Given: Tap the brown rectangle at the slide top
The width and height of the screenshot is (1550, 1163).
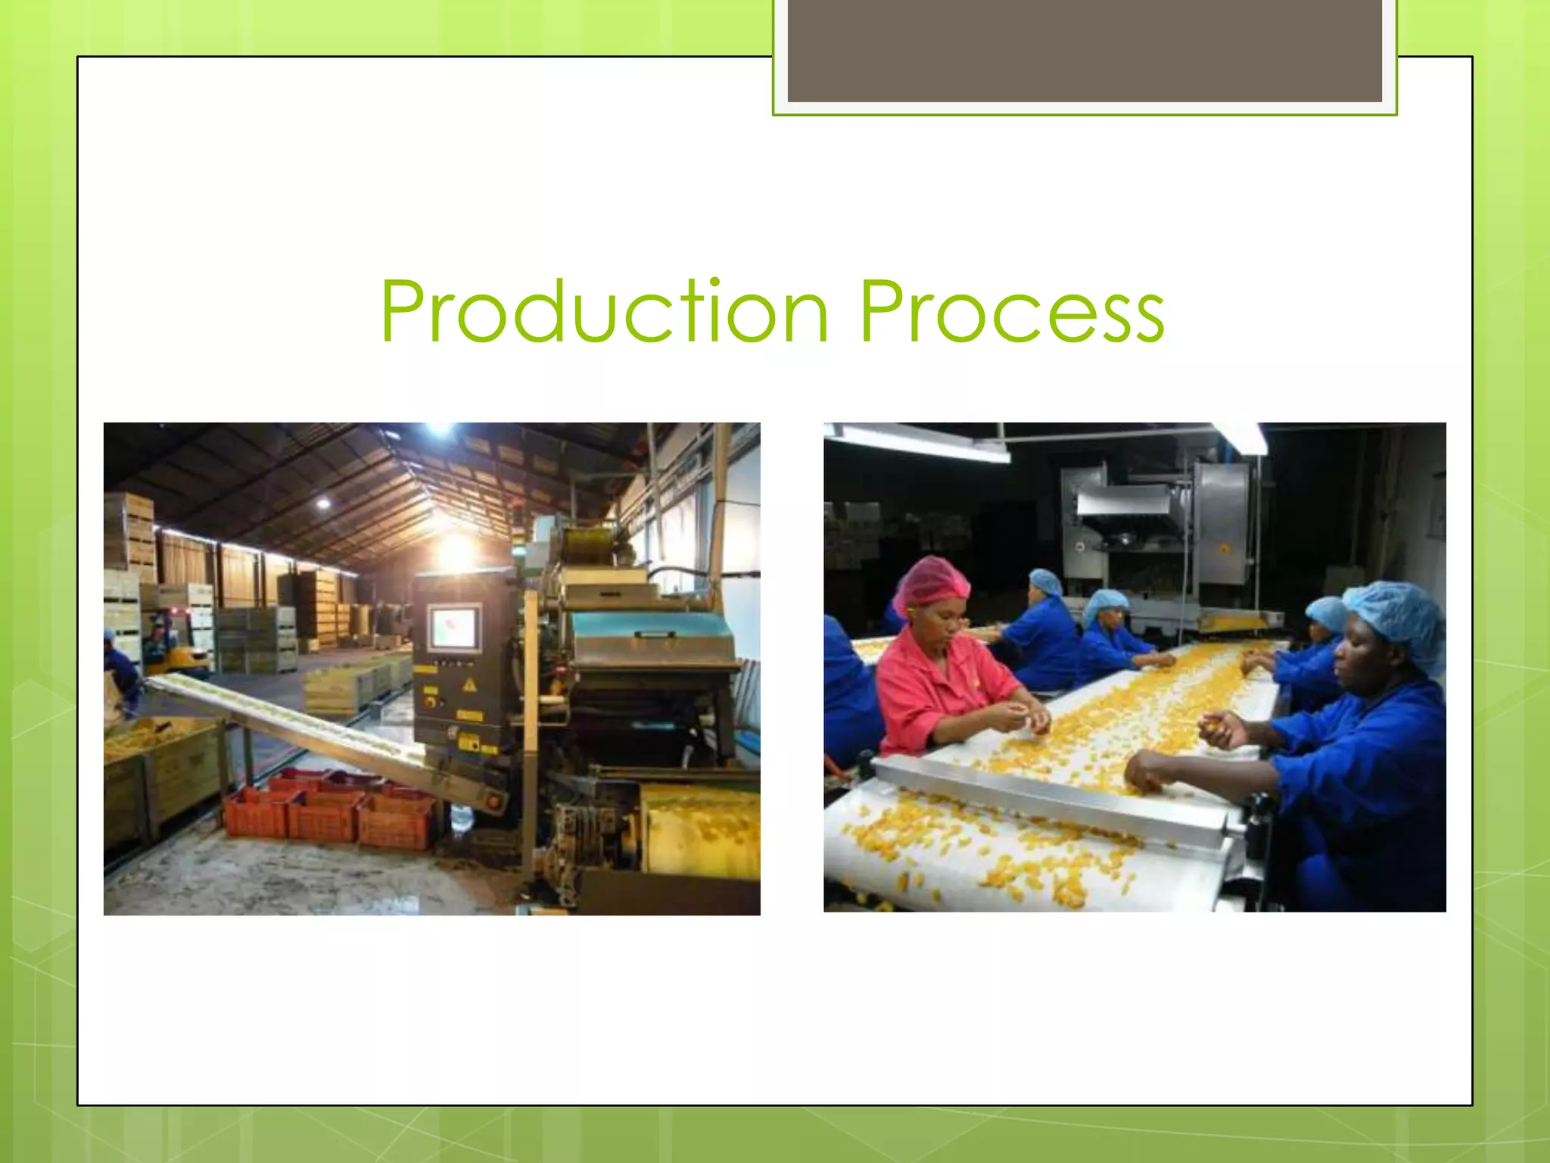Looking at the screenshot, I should [1084, 50].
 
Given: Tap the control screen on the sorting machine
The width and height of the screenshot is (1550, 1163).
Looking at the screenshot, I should [453, 628].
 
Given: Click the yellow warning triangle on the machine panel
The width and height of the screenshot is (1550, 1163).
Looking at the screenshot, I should [469, 685].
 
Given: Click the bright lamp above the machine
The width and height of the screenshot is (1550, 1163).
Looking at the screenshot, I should [456, 550].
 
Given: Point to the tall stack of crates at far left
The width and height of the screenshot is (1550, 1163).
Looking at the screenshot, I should [129, 530].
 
